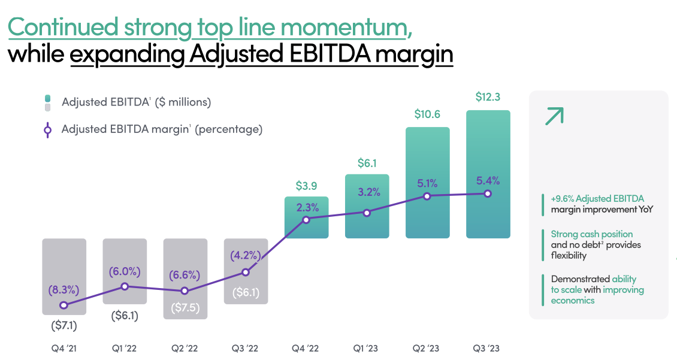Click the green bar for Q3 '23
tap(488, 150)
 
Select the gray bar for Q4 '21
tap(64, 264)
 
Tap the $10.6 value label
tap(427, 114)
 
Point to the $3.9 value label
tap(306, 185)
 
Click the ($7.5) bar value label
tap(185, 309)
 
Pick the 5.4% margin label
tap(488, 180)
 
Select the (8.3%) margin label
tap(64, 291)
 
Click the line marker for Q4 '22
tap(306, 220)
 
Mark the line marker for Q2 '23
tap(427, 196)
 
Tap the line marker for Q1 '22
tap(125, 286)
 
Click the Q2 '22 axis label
tap(185, 348)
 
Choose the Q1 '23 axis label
tap(367, 348)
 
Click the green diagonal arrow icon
tap(554, 116)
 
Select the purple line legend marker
tap(47, 129)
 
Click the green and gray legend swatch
tap(47, 102)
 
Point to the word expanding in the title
tap(127, 55)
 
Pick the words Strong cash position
tap(592, 234)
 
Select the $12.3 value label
tap(488, 96)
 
